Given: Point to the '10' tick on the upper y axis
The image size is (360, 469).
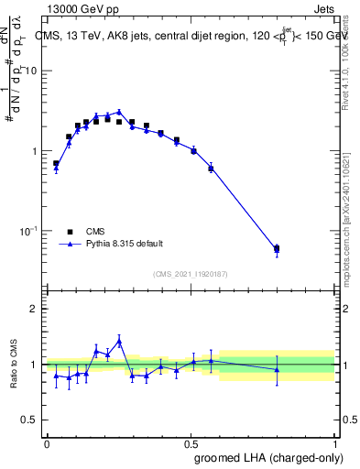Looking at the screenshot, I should pyautogui.click(x=32, y=71).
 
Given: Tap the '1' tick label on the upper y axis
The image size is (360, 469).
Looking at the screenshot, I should pyautogui.click(x=35, y=150).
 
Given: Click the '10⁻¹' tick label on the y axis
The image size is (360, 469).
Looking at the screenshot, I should pyautogui.click(x=29, y=231).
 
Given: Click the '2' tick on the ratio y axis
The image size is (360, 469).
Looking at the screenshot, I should pyautogui.click(x=35, y=309).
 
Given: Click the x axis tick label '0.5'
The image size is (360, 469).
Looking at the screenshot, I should pyautogui.click(x=191, y=442).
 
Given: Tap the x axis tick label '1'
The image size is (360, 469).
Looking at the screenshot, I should pyautogui.click(x=335, y=442).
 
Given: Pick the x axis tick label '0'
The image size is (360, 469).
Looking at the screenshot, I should pyautogui.click(x=47, y=442).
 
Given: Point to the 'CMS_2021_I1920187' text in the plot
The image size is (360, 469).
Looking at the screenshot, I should pyautogui.click(x=191, y=274).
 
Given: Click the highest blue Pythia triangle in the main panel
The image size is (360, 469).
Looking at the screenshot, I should pyautogui.click(x=119, y=112).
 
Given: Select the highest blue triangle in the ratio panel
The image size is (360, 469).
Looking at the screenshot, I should pyautogui.click(x=119, y=341).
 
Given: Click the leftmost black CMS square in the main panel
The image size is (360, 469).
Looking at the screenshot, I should pyautogui.click(x=56, y=163).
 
